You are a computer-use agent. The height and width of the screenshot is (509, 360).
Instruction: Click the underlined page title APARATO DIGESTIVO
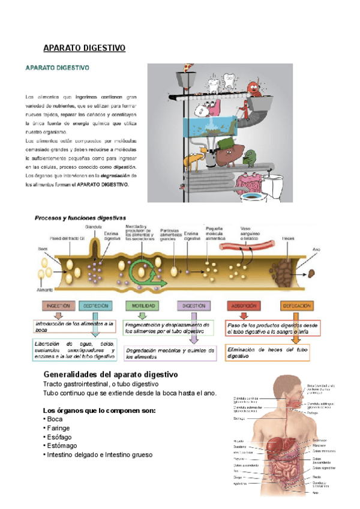pyautogui.click(x=84, y=48)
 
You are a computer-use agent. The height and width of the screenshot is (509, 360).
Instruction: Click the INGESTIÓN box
pyautogui.click(x=59, y=306)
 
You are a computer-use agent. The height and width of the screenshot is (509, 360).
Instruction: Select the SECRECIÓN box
pyautogui.click(x=95, y=306)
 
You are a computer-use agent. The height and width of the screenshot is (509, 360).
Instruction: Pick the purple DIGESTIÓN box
pyautogui.click(x=195, y=306)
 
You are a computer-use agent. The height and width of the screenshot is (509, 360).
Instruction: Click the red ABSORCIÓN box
pyautogui.click(x=246, y=306)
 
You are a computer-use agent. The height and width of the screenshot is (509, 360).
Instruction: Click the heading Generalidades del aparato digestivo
pyautogui.click(x=111, y=375)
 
